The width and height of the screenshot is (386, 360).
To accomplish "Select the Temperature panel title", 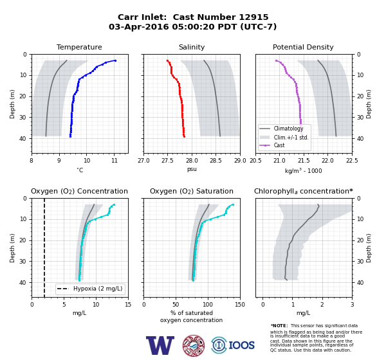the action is click(79, 47).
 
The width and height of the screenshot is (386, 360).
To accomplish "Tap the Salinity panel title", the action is click(192, 47).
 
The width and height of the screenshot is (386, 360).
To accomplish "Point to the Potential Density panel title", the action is click(303, 47).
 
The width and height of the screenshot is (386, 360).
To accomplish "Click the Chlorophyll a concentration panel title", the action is click(304, 191).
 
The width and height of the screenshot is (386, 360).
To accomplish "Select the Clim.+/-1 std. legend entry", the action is click(284, 138).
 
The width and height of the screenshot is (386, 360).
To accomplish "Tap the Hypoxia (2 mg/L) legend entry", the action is click(89, 289).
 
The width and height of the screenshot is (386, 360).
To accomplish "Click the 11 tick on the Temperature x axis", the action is click(115, 161).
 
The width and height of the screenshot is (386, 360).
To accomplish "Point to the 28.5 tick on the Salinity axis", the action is click(216, 161).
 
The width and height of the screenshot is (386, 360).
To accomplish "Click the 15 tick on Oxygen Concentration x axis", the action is click(128, 305).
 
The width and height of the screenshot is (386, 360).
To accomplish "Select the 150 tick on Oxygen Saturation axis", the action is click(240, 305).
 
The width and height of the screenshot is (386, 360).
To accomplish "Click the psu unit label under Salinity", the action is click(192, 169).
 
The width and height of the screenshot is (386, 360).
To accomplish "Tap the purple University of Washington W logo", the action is click(160, 345).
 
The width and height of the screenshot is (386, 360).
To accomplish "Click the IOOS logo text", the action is click(241, 345).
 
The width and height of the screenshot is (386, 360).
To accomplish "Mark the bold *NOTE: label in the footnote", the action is click(279, 325).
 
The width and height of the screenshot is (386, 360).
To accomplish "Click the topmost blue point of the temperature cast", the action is click(115, 60).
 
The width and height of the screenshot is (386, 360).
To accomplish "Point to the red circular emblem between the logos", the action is click(194, 345).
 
